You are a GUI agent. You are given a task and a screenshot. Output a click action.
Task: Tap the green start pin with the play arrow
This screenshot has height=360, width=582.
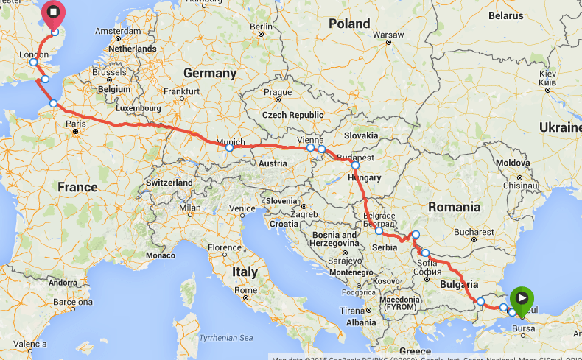pos(521,298)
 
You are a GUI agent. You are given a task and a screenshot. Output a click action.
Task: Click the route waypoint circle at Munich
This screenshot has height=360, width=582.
pos(229,148)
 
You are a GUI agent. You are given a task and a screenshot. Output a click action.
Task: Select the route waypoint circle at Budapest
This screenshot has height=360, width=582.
pos(355,165)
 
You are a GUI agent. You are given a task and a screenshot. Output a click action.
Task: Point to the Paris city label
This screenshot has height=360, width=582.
pos(76,124)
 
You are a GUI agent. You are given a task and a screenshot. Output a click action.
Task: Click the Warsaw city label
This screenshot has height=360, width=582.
pos(389,35)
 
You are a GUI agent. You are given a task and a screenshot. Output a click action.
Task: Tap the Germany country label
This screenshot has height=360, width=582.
pos(210,74)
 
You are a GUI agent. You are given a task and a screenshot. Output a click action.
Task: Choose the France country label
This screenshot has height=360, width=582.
pos(77,187)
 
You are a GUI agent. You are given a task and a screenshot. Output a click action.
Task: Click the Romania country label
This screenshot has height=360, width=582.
pos(455,207)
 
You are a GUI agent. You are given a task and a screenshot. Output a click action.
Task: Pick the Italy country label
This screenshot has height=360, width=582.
pos(245,272)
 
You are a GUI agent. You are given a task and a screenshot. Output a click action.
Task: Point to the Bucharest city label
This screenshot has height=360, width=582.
pos(474,232)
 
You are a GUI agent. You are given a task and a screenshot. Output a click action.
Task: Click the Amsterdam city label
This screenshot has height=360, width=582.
pos(118,32)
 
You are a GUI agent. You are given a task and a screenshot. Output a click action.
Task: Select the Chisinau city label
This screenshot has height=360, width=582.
pos(521,186)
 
